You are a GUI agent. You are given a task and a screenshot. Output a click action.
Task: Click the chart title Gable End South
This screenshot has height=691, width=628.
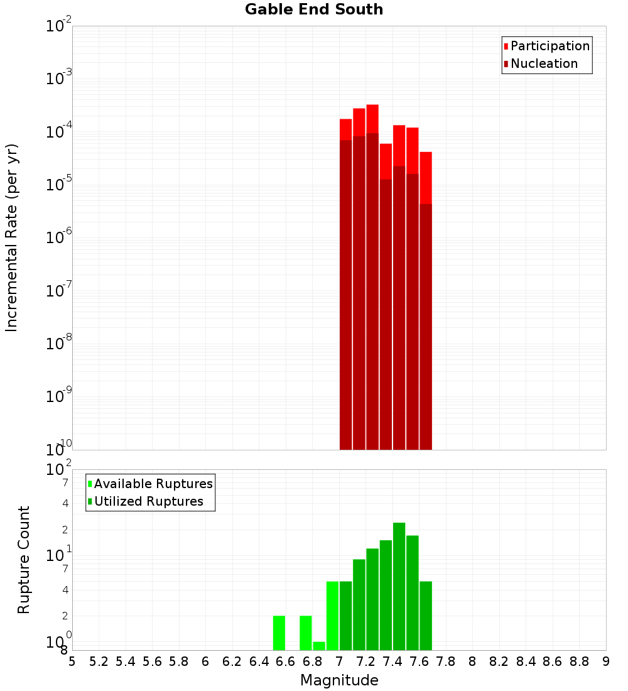coord(313,9)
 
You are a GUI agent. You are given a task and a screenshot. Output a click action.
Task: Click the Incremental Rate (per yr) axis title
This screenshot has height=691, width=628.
coord(11,238)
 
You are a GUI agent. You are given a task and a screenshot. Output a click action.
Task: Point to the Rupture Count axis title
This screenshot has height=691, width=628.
coord(24,560)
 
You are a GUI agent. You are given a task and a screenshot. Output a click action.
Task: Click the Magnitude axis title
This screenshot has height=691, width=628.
coord(339,680)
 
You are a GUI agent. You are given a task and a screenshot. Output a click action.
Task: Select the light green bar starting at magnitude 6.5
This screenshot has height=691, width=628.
coord(279,633)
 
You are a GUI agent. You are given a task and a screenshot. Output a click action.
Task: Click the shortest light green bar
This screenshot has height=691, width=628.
coord(319,646)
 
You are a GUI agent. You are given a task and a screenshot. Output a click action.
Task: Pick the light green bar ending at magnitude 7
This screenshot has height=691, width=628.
coord(332,616)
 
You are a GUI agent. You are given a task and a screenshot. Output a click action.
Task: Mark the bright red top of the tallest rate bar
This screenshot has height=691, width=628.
coord(372,119)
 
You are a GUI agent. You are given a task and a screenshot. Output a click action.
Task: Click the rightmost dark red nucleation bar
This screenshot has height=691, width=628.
coord(426,327)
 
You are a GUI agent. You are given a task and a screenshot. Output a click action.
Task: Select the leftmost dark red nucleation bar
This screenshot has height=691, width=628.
coord(345,295)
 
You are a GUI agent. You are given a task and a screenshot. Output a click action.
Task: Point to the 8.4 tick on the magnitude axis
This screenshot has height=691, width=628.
coord(526,661)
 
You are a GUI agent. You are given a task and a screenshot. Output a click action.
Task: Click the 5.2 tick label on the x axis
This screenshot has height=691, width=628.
coord(99,661)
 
